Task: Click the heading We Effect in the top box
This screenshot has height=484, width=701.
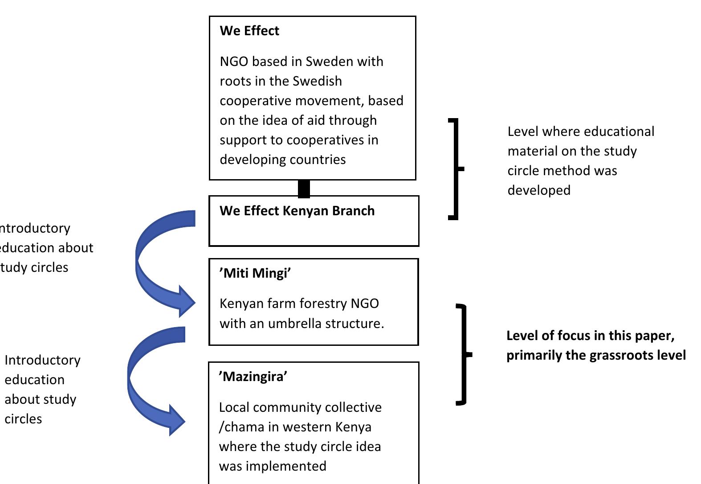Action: click(249, 31)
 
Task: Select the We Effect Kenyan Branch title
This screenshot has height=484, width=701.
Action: click(297, 211)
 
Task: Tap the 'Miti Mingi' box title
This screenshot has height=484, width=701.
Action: click(255, 273)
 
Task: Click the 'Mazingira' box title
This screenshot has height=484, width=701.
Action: click(253, 377)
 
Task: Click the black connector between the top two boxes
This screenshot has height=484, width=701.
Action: click(304, 188)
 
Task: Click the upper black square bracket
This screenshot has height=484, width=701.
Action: click(455, 169)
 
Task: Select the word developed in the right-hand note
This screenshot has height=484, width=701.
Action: click(539, 190)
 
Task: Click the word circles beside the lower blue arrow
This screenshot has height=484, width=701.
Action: click(23, 419)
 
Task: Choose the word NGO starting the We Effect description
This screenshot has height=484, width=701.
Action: click(234, 62)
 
